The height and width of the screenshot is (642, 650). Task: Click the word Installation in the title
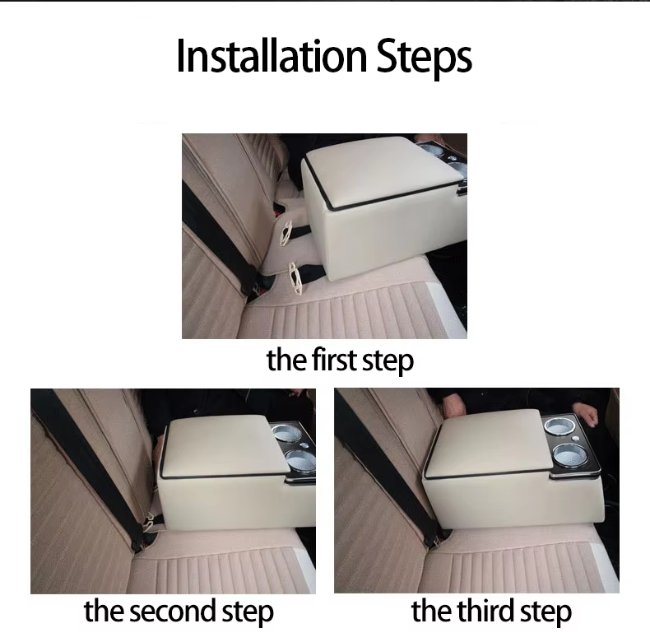[x=272, y=55]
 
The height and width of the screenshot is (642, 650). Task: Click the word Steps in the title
[x=425, y=55]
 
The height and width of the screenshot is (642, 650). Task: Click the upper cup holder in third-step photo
[x=559, y=426]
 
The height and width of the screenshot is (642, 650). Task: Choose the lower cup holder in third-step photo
[x=569, y=454]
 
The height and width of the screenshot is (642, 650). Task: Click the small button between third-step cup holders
[x=587, y=439]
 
